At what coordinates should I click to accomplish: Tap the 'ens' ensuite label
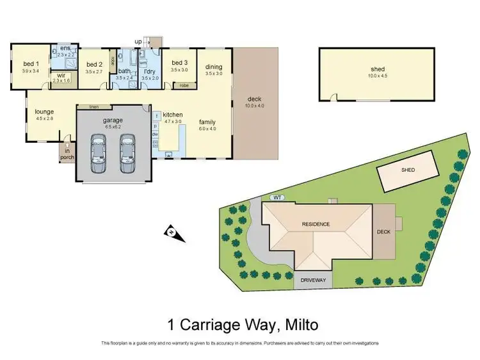65,48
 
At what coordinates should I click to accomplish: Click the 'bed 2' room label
94,64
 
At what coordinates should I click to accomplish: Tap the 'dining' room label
213,67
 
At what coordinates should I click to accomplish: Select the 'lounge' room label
44,111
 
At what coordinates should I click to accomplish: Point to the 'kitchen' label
173,115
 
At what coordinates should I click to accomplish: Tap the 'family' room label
207,122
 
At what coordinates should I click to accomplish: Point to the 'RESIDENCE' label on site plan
316,224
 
